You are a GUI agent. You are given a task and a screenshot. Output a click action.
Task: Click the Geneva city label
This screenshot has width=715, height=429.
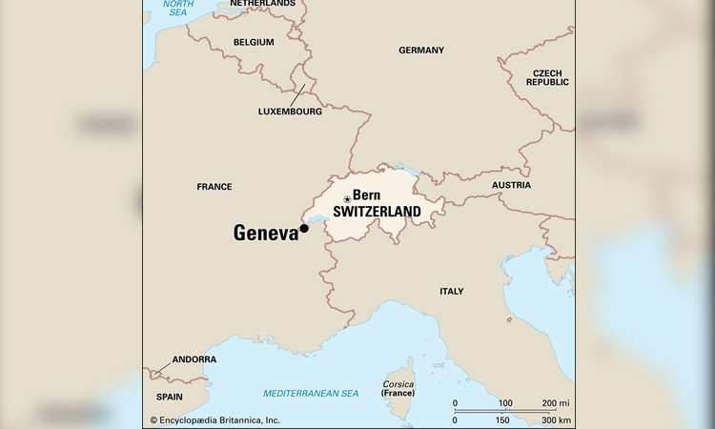[266, 234]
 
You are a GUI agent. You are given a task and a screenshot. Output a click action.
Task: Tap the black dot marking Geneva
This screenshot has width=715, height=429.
[304, 228]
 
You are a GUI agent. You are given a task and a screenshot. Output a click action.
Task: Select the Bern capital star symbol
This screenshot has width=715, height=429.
[347, 198]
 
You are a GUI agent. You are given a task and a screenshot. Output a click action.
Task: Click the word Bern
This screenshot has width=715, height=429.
[367, 195]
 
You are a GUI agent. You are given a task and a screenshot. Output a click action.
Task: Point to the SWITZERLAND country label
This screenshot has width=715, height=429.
[377, 212]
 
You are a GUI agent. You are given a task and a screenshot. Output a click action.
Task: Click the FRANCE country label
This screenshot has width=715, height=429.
[214, 187]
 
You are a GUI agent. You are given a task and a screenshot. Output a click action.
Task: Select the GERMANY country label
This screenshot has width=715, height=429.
[421, 50]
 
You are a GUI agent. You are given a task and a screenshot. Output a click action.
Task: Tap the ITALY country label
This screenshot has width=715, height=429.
[451, 291]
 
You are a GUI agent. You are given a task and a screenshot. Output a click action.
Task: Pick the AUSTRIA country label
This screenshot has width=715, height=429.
[511, 185]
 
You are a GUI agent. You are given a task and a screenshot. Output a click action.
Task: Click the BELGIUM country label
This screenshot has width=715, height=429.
[254, 42]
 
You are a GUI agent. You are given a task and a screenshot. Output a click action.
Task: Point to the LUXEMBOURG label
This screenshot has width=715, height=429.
[290, 112]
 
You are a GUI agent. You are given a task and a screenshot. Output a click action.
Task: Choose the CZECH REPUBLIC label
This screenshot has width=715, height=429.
[548, 77]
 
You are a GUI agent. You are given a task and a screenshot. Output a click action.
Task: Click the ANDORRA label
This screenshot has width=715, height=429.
[194, 359]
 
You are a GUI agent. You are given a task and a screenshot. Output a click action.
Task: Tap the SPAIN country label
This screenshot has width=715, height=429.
[169, 396]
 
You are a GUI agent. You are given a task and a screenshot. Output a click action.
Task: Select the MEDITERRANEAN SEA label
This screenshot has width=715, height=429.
[310, 393]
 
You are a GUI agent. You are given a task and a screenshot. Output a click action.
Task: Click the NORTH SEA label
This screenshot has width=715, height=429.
[177, 8]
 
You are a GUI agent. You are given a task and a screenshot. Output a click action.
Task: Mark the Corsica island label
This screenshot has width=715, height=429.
[398, 384]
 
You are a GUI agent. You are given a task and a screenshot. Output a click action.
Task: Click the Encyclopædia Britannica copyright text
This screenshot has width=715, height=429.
[214, 419]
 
